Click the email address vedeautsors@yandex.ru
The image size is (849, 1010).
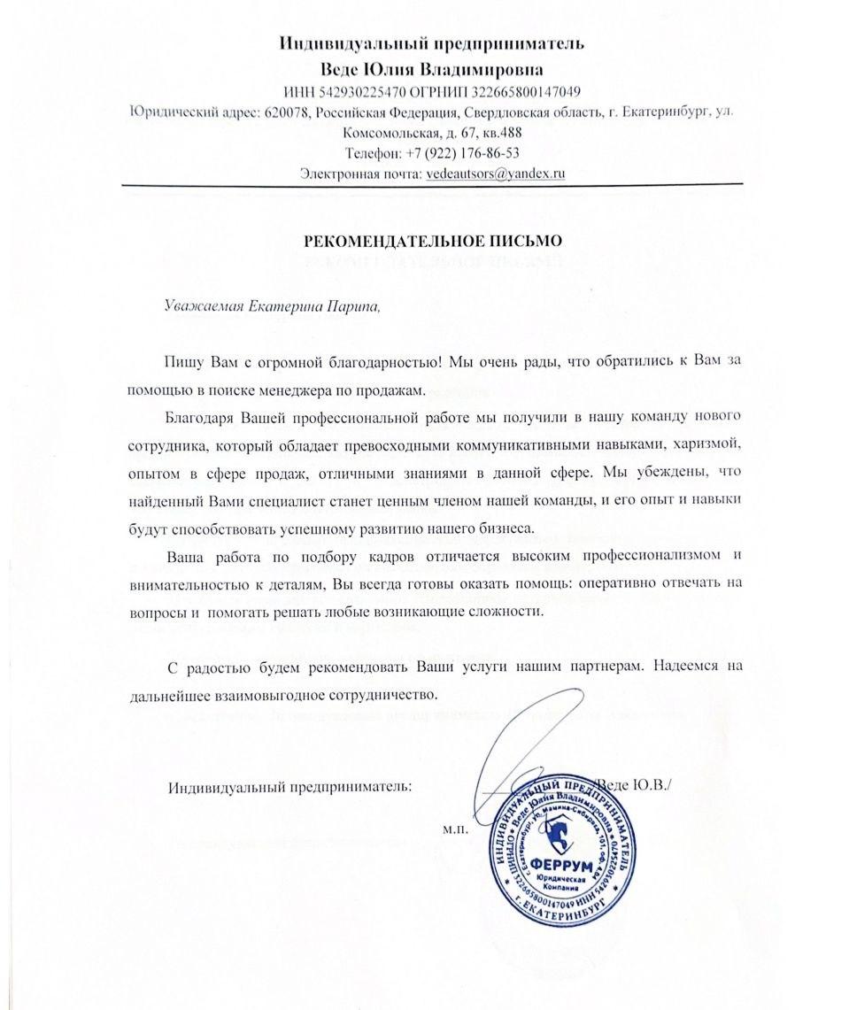click(495, 173)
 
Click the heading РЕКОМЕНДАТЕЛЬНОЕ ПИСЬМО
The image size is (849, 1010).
click(433, 240)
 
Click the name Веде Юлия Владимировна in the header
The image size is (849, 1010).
click(432, 69)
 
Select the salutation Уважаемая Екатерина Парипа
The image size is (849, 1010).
click(272, 306)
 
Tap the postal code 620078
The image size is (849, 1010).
click(285, 112)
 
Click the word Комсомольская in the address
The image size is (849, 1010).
click(383, 133)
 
